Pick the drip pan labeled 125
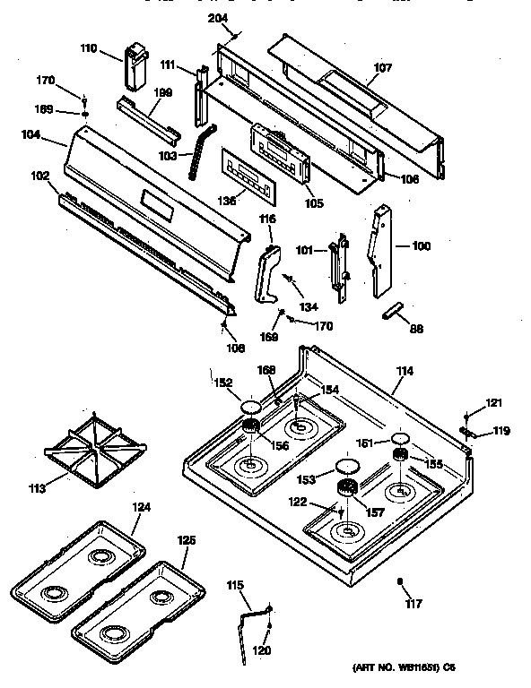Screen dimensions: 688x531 [x=132, y=606]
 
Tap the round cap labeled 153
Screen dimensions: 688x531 [x=345, y=466]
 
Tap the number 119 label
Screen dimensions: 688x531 [x=501, y=431]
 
